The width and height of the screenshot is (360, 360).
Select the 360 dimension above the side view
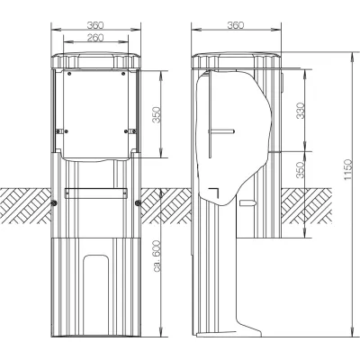click(x=237, y=25)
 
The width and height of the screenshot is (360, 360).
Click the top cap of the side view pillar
click(x=238, y=59)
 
